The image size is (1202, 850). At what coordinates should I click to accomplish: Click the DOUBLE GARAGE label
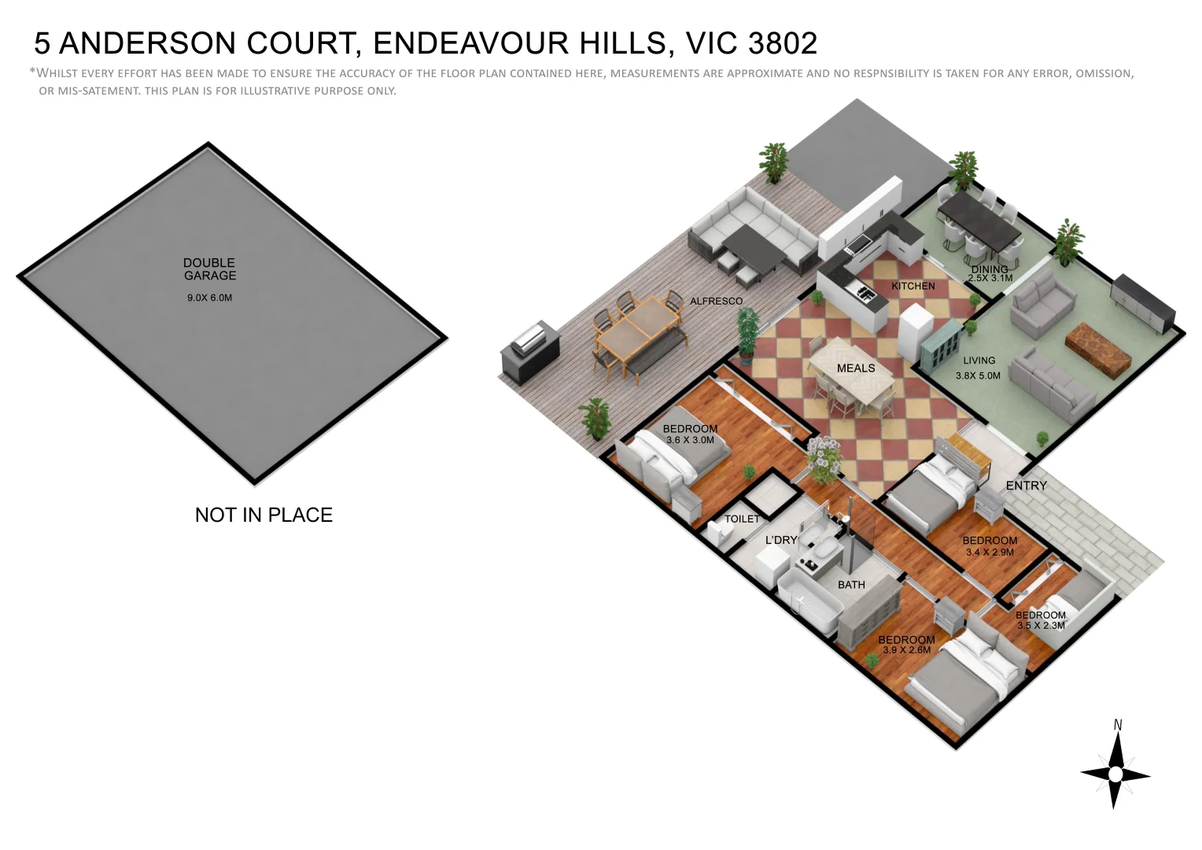click(x=209, y=269)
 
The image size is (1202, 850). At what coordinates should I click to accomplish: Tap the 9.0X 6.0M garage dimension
click(x=209, y=298)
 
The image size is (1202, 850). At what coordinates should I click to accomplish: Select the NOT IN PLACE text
click(x=264, y=516)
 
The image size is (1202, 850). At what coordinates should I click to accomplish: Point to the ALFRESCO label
click(x=716, y=301)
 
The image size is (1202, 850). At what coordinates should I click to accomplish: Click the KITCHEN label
click(x=913, y=286)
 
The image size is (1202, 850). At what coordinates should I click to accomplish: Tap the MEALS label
click(x=856, y=368)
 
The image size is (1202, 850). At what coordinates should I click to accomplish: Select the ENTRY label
click(x=1026, y=486)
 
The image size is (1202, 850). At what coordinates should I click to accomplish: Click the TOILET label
click(x=742, y=519)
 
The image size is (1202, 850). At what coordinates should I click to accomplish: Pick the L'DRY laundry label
click(x=781, y=541)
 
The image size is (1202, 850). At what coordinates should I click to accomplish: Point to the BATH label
click(x=851, y=586)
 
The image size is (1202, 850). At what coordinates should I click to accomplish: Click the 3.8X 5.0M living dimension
click(x=978, y=376)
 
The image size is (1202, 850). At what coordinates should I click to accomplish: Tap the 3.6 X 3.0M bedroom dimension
click(x=690, y=441)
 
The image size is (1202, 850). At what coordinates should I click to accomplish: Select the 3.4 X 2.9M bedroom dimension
click(x=990, y=552)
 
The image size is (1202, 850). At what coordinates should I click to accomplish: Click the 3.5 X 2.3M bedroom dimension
click(x=1041, y=626)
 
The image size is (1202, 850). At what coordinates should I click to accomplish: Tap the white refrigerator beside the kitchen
click(x=915, y=331)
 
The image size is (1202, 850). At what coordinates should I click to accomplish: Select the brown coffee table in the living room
click(x=1097, y=346)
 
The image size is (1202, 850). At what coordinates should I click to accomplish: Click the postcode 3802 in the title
click(x=783, y=43)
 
